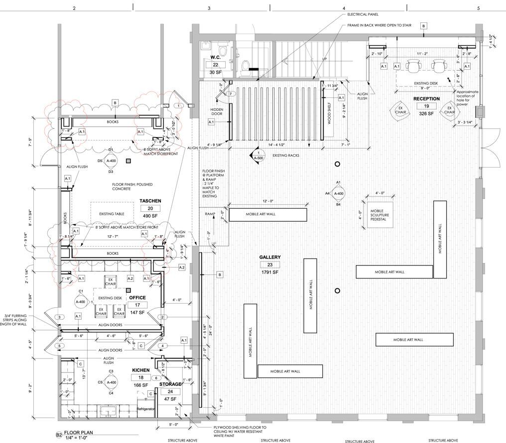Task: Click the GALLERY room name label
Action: tap(269, 257)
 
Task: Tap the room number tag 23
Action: tap(269, 265)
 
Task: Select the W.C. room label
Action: tap(216, 57)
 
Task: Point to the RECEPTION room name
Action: tap(426, 98)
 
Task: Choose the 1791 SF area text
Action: tap(269, 273)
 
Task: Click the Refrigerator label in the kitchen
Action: tap(147, 408)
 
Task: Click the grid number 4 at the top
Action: tap(344, 8)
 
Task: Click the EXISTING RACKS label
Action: tap(285, 156)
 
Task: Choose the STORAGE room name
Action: tap(170, 384)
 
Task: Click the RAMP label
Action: tap(209, 214)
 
